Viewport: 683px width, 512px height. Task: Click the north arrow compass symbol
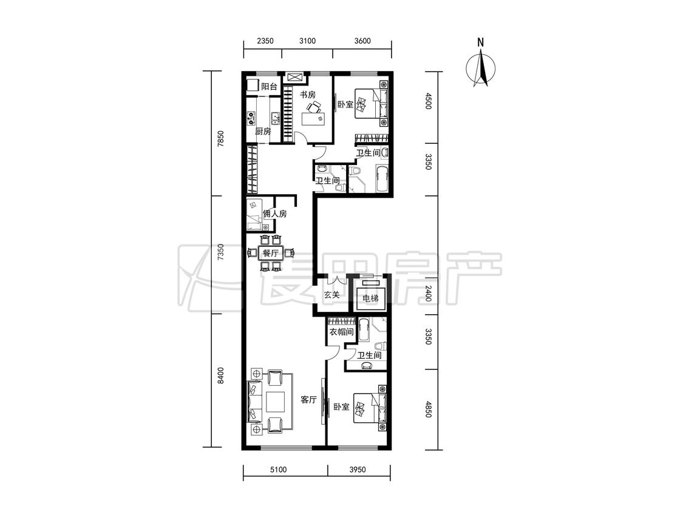point(481,68)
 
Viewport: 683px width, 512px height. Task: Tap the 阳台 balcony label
point(269,87)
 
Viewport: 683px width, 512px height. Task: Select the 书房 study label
point(308,95)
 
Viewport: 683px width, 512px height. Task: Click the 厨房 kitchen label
point(263,131)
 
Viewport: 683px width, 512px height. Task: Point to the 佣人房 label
point(274,214)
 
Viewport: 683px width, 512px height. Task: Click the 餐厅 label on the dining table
point(271,253)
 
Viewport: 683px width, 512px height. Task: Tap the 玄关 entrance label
point(331,295)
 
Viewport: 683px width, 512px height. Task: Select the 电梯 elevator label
point(371,298)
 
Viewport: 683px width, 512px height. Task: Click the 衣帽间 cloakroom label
point(341,332)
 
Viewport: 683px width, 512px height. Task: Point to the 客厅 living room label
point(308,399)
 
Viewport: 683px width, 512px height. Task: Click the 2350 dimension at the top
point(265,41)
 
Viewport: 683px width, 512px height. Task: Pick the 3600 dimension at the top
point(362,41)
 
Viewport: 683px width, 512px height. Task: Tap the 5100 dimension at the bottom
point(278,470)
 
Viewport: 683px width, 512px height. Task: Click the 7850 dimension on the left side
point(221,140)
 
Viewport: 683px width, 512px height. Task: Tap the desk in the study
point(314,118)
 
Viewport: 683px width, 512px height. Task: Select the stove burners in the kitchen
point(251,118)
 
